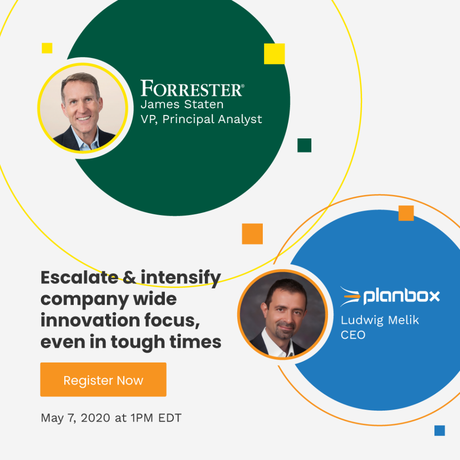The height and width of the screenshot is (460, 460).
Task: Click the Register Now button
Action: [103, 380]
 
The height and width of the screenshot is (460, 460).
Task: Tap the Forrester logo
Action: [192, 88]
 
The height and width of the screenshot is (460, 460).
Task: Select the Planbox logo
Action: [389, 296]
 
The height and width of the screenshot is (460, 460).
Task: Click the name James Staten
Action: [182, 105]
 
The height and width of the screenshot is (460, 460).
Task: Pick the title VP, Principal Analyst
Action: [201, 119]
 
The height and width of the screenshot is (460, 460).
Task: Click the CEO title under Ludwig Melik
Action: [353, 335]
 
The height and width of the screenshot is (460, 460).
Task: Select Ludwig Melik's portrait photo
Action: [283, 314]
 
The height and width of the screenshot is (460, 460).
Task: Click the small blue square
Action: [439, 430]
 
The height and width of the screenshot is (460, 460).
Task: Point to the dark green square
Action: [304, 145]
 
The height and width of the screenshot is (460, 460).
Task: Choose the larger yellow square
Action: [274, 54]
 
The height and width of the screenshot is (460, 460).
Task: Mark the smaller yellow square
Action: [47, 48]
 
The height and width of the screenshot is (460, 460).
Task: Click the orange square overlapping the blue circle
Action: [406, 213]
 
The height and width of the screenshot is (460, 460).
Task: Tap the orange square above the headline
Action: [252, 234]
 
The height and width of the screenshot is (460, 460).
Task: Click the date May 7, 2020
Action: [75, 418]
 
